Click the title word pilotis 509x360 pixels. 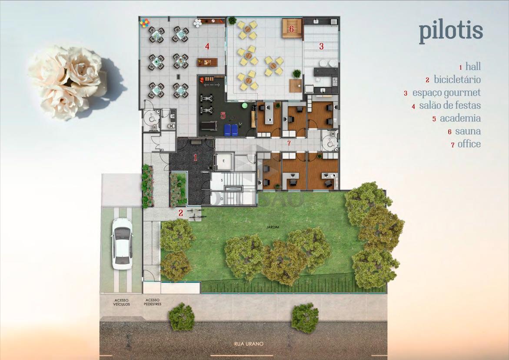(451, 31)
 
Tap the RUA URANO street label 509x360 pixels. (249, 344)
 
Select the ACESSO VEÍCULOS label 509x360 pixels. (121, 302)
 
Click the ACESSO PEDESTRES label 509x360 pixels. (153, 302)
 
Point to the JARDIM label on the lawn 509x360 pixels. (273, 227)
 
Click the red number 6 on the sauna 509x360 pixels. (292, 29)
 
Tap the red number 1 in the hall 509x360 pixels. (196, 157)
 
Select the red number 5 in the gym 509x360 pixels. (223, 115)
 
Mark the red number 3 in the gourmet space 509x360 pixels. (321, 46)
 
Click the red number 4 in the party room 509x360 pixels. (207, 46)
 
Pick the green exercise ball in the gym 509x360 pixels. (244, 106)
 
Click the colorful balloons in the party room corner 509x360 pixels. (144, 23)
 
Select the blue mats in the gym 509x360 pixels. (231, 130)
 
